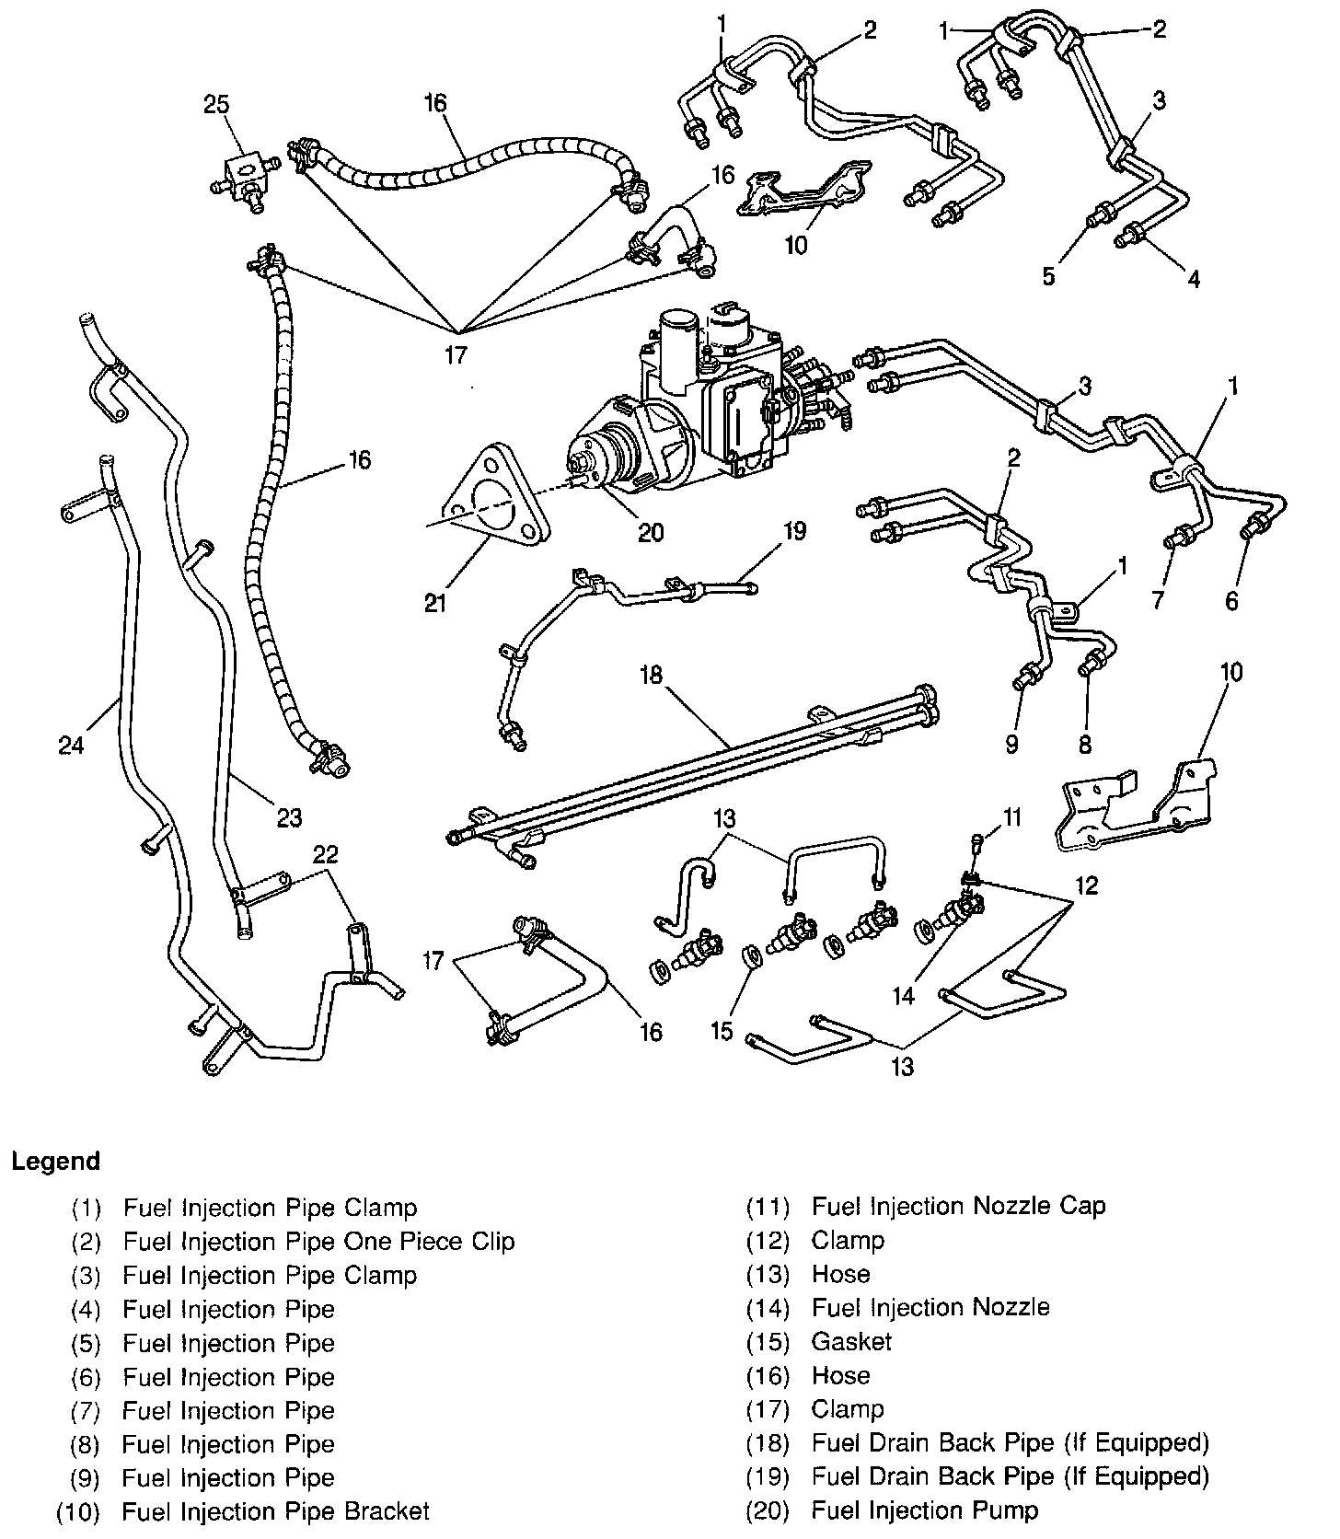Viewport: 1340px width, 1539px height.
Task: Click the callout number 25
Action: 216,104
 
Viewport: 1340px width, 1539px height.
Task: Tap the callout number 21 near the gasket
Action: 435,603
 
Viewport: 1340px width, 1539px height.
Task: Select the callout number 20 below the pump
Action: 651,532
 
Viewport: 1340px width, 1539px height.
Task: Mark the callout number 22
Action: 325,855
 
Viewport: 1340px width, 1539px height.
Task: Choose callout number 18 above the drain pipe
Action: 651,675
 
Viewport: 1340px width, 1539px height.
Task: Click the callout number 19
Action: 794,531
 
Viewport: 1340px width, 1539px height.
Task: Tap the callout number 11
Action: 1012,816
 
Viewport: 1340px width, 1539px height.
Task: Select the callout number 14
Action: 904,996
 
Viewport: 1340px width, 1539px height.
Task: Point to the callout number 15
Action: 722,1031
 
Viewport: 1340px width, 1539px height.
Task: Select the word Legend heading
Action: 55,1162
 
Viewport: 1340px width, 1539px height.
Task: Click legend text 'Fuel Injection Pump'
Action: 924,1510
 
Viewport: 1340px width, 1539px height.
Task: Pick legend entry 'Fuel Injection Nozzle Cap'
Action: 958,1206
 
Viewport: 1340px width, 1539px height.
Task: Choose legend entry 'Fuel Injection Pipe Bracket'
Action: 275,1511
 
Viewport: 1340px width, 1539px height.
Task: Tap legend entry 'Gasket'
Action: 851,1341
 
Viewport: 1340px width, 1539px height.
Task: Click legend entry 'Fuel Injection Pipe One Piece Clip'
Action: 318,1241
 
